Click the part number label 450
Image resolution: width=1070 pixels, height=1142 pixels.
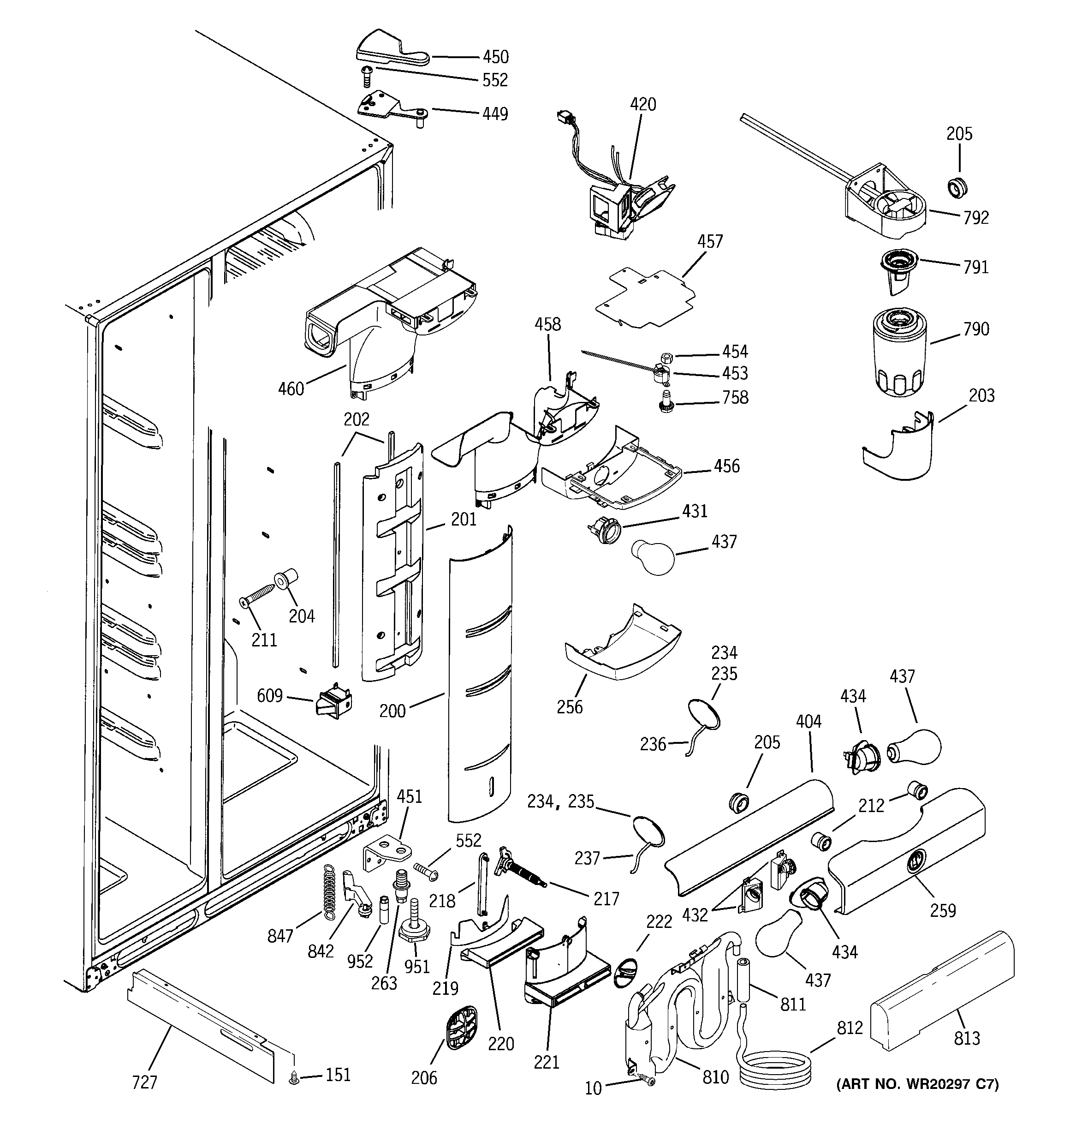495,57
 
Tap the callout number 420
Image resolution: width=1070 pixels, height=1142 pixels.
642,105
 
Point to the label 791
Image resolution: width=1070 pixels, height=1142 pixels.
976,267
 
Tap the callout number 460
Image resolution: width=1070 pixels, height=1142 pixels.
291,389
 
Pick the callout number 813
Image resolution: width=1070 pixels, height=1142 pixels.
967,1038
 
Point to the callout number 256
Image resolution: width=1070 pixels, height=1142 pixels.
569,707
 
